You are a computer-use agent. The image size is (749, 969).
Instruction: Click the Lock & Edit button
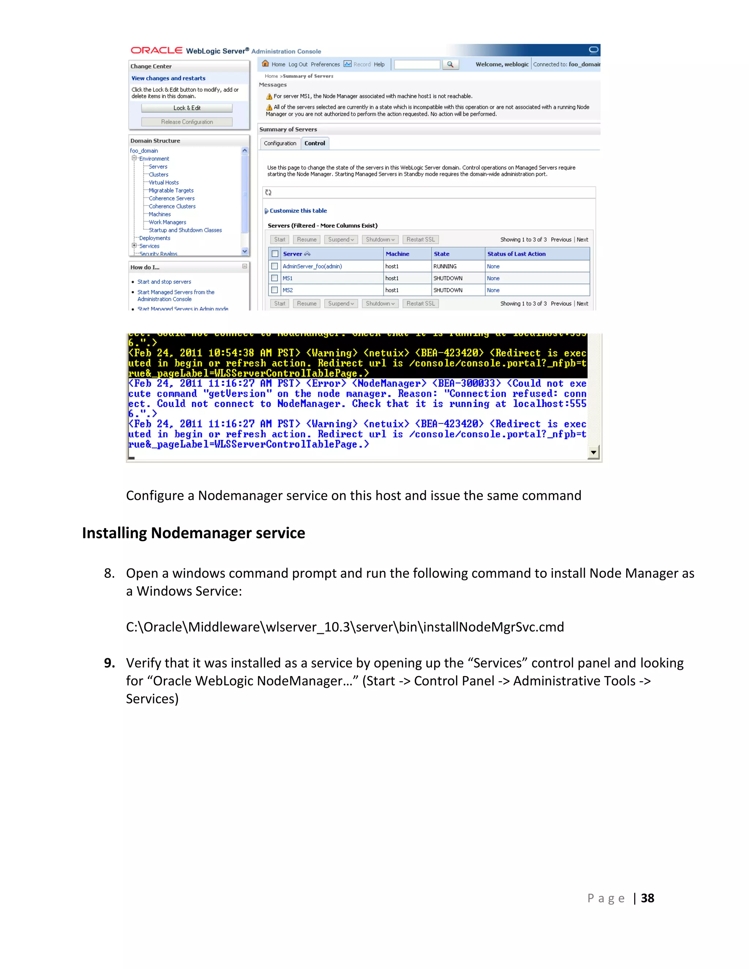187,108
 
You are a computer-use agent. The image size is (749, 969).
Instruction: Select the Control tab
315,143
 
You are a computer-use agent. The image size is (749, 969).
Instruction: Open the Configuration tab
280,143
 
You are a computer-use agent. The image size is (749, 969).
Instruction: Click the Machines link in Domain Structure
160,214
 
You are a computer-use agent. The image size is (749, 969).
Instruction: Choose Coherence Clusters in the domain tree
172,206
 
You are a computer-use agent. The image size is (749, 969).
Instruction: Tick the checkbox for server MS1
275,278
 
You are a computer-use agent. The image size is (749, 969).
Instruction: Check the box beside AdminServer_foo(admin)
275,266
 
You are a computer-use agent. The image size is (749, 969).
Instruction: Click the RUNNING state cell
445,266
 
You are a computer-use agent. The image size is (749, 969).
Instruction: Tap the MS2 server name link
288,290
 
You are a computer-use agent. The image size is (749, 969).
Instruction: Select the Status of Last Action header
516,254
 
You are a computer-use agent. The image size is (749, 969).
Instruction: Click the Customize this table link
298,211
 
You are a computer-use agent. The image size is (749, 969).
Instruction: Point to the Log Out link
298,64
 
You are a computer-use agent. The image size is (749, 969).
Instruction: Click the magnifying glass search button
450,64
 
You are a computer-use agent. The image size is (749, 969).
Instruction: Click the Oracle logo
157,50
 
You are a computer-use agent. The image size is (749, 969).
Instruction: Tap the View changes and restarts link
168,78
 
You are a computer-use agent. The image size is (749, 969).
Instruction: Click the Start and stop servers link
164,282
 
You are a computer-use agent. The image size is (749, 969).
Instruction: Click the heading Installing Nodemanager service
193,533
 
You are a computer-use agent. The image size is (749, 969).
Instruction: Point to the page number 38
647,898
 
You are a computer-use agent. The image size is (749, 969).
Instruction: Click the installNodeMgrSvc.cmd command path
345,627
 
